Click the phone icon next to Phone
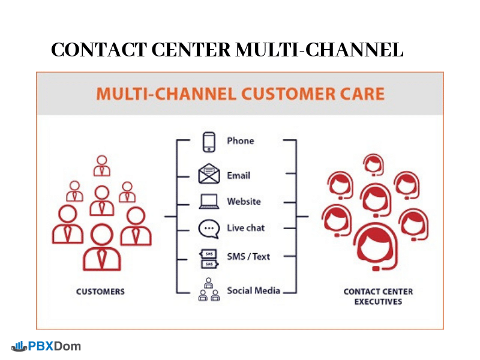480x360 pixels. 209,142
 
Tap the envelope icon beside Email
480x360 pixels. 209,175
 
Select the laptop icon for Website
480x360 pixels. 209,202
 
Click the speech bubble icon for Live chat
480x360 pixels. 209,229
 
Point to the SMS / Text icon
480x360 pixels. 209,258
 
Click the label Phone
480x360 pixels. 241,141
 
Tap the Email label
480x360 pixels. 239,176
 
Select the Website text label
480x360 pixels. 244,202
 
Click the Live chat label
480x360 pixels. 246,228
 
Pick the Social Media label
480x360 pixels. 254,290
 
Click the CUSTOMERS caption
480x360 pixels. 101,292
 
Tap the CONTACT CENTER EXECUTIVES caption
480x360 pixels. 378,296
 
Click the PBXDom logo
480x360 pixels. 46,346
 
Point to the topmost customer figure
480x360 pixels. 102,166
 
